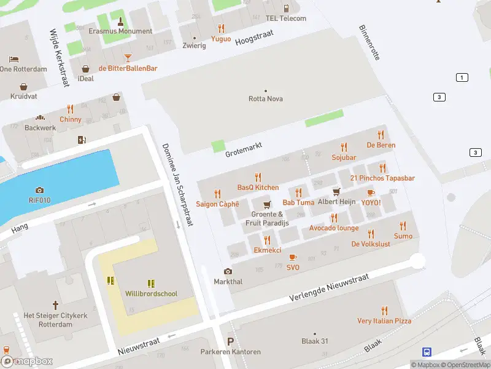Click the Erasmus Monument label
pyautogui.click(x=120, y=31)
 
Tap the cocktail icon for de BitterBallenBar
pyautogui.click(x=128, y=58)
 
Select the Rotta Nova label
pyautogui.click(x=266, y=98)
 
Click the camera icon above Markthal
pyautogui.click(x=228, y=271)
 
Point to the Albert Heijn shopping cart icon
pyautogui.click(x=336, y=192)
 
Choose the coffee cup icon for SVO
pyautogui.click(x=293, y=257)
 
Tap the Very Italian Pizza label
pyautogui.click(x=384, y=321)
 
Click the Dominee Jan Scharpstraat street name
pyautogui.click(x=177, y=184)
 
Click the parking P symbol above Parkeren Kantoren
pyautogui.click(x=231, y=342)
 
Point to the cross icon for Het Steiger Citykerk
pyautogui.click(x=55, y=304)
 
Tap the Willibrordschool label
pyautogui.click(x=151, y=294)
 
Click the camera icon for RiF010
pyautogui.click(x=40, y=190)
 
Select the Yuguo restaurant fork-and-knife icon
pyautogui.click(x=221, y=28)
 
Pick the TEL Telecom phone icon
pyautogui.click(x=286, y=8)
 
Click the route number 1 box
pyautogui.click(x=462, y=77)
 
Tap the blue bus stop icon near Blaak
pyautogui.click(x=427, y=352)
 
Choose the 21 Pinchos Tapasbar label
pyautogui.click(x=382, y=178)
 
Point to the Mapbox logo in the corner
pyautogui.click(x=27, y=361)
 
